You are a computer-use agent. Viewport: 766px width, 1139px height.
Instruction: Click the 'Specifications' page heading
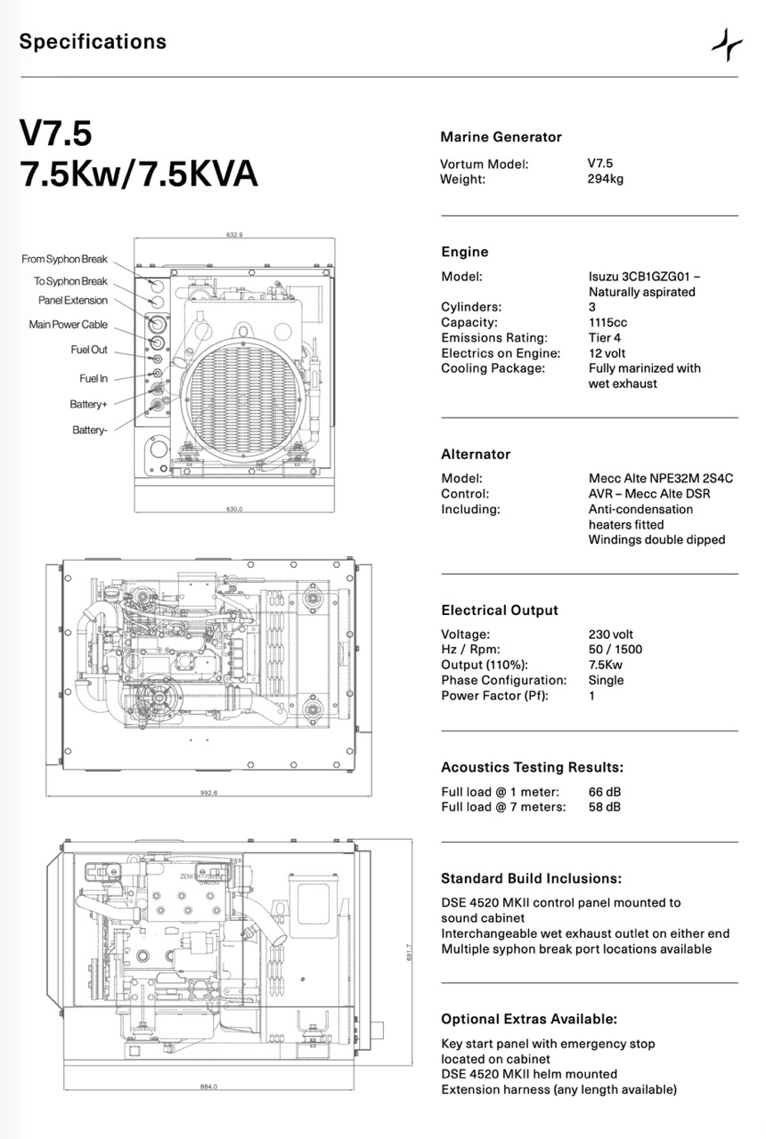pyautogui.click(x=93, y=42)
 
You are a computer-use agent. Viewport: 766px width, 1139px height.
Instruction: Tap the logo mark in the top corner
pyautogui.click(x=727, y=44)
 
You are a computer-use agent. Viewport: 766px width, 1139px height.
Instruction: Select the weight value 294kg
pyautogui.click(x=605, y=179)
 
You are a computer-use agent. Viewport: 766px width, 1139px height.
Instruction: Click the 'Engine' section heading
pyautogui.click(x=465, y=252)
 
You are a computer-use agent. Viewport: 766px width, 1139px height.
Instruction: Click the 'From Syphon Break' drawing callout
pyautogui.click(x=64, y=259)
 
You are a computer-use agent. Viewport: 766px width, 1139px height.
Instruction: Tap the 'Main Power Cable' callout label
pyautogui.click(x=68, y=325)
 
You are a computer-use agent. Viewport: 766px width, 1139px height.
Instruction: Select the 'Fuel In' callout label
pyautogui.click(x=94, y=378)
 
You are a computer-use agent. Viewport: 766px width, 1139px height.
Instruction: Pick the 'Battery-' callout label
pyautogui.click(x=90, y=431)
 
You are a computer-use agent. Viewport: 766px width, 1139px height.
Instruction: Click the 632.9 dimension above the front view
pyautogui.click(x=235, y=235)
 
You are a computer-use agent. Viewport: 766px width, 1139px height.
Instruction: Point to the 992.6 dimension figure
pyautogui.click(x=209, y=793)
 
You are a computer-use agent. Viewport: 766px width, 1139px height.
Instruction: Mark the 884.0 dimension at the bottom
pyautogui.click(x=209, y=1086)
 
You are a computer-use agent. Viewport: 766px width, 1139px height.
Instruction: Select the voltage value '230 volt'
pyautogui.click(x=611, y=634)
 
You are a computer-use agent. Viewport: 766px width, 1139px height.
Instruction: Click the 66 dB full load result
pyautogui.click(x=605, y=792)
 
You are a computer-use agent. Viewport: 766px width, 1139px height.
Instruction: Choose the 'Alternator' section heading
pyautogui.click(x=476, y=454)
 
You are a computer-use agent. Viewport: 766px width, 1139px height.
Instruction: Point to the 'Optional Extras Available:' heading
pyautogui.click(x=529, y=1019)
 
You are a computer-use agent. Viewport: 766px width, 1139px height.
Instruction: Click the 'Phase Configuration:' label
pyautogui.click(x=495, y=680)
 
